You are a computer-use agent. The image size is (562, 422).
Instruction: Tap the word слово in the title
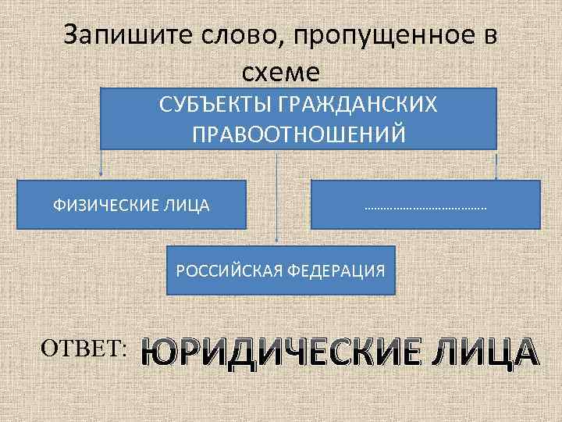205,36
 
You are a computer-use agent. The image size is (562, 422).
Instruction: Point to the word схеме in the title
281,72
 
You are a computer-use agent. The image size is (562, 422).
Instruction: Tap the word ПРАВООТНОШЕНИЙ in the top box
299,134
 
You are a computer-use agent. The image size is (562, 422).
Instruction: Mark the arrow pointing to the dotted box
496,166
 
